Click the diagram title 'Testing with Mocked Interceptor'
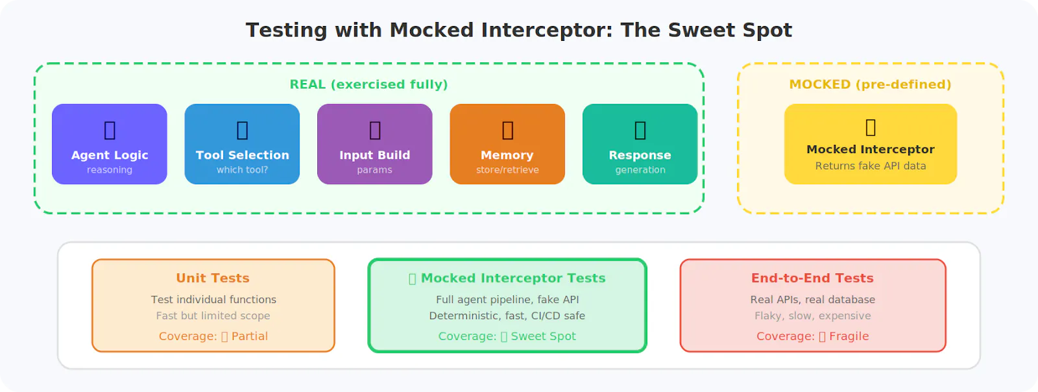[518, 30]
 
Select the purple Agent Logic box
[110, 144]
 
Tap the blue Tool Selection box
[242, 144]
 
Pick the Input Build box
[374, 144]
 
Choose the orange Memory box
[507, 144]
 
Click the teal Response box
[640, 144]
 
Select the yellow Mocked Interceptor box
[870, 144]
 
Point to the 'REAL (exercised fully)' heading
[368, 84]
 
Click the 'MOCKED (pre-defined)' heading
[870, 84]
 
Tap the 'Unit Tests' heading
[213, 278]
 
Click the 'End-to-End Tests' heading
[812, 278]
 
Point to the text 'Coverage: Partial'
[213, 336]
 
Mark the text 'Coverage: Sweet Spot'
[507, 336]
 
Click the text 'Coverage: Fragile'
[812, 336]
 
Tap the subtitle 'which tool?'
[242, 170]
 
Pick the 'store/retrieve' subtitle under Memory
[507, 170]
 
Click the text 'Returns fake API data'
[870, 166]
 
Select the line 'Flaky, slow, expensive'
[812, 316]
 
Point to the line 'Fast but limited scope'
[213, 316]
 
